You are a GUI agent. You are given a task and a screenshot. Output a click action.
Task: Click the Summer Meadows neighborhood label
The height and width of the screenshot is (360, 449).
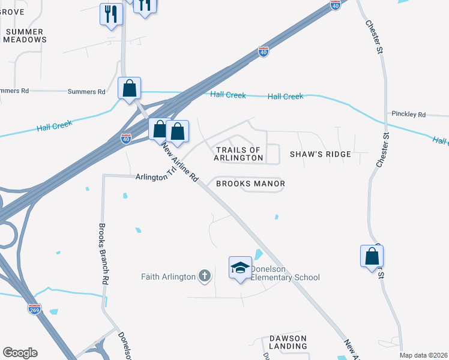click(24, 35)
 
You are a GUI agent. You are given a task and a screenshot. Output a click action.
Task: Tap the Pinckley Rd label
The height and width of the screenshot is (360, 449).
click(408, 114)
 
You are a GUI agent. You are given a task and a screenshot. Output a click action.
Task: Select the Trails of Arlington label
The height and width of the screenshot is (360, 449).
click(238, 154)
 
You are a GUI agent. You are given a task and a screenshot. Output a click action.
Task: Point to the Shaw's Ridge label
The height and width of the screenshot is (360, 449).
click(320, 154)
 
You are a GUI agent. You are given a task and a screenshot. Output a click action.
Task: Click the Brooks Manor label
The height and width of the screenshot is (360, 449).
click(250, 184)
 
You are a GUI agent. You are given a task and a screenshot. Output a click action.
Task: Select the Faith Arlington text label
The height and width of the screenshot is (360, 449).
click(169, 277)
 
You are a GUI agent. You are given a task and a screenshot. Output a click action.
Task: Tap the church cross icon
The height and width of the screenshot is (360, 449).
click(205, 276)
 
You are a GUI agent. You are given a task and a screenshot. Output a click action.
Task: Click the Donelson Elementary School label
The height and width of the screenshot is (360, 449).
click(285, 273)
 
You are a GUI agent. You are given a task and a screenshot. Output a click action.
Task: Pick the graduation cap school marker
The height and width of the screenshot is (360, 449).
click(240, 268)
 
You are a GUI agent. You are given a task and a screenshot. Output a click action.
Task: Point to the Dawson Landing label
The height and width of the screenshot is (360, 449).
click(288, 342)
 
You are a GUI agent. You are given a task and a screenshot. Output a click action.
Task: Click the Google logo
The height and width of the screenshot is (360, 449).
click(20, 353)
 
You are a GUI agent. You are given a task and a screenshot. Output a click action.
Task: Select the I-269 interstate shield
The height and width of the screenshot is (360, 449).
click(35, 309)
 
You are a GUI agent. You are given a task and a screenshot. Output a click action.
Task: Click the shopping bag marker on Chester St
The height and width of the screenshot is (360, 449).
click(372, 256)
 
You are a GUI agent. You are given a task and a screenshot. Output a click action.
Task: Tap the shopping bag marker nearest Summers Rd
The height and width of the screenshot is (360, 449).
click(129, 88)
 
